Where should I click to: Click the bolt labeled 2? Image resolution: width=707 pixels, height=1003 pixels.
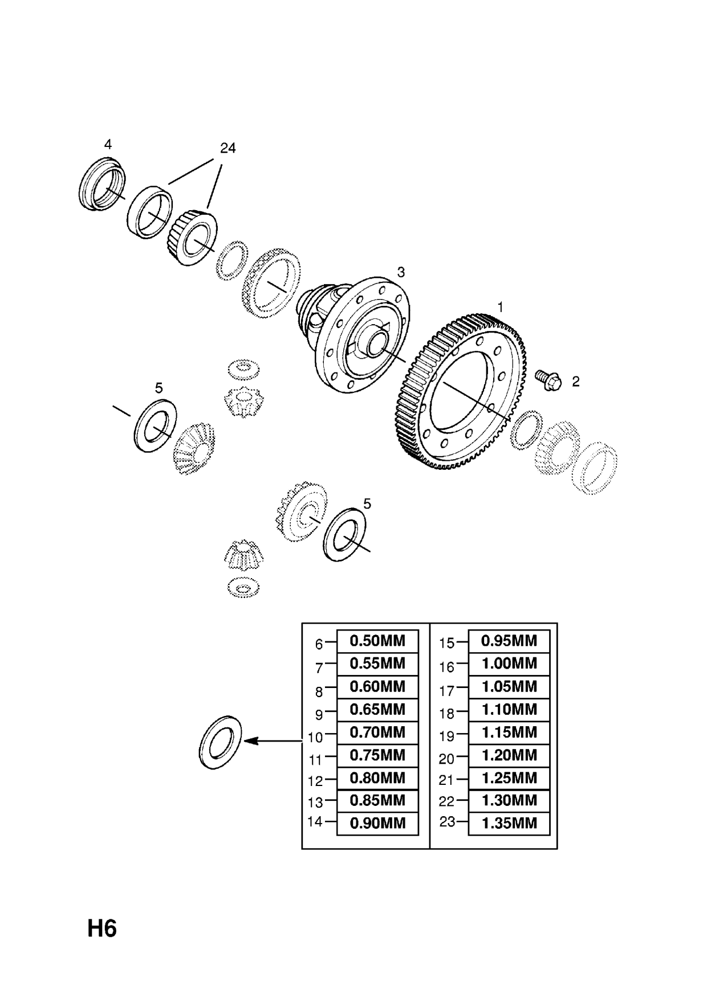click(x=548, y=380)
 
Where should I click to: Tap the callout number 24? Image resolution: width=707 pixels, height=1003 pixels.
click(x=227, y=149)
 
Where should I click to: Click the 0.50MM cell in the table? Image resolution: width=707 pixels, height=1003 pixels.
click(x=377, y=641)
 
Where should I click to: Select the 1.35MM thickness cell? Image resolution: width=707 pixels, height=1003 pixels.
click(x=509, y=824)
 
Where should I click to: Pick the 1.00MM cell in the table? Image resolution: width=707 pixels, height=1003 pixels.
click(x=509, y=664)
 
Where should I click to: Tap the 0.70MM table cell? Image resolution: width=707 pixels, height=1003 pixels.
click(x=377, y=732)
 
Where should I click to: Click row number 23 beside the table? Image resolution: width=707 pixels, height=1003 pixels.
click(x=447, y=822)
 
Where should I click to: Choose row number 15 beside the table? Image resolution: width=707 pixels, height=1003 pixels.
click(x=447, y=643)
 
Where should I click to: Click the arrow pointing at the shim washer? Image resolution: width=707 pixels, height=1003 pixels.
click(x=274, y=741)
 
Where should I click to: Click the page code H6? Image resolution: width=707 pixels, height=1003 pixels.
click(x=102, y=929)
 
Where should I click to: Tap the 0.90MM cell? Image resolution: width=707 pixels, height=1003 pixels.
click(x=377, y=824)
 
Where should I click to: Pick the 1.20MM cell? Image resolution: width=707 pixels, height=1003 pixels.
click(x=509, y=755)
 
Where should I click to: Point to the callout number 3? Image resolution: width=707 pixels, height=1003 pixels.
click(x=401, y=273)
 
